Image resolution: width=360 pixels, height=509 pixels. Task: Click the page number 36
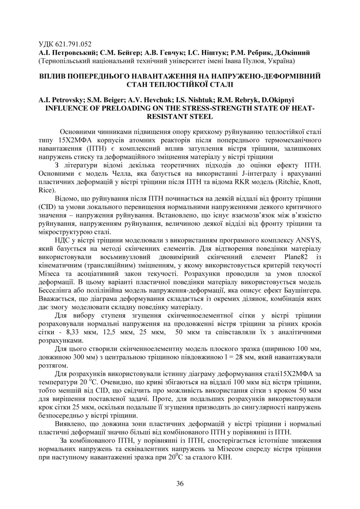pyautogui.click(x=180, y=483)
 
